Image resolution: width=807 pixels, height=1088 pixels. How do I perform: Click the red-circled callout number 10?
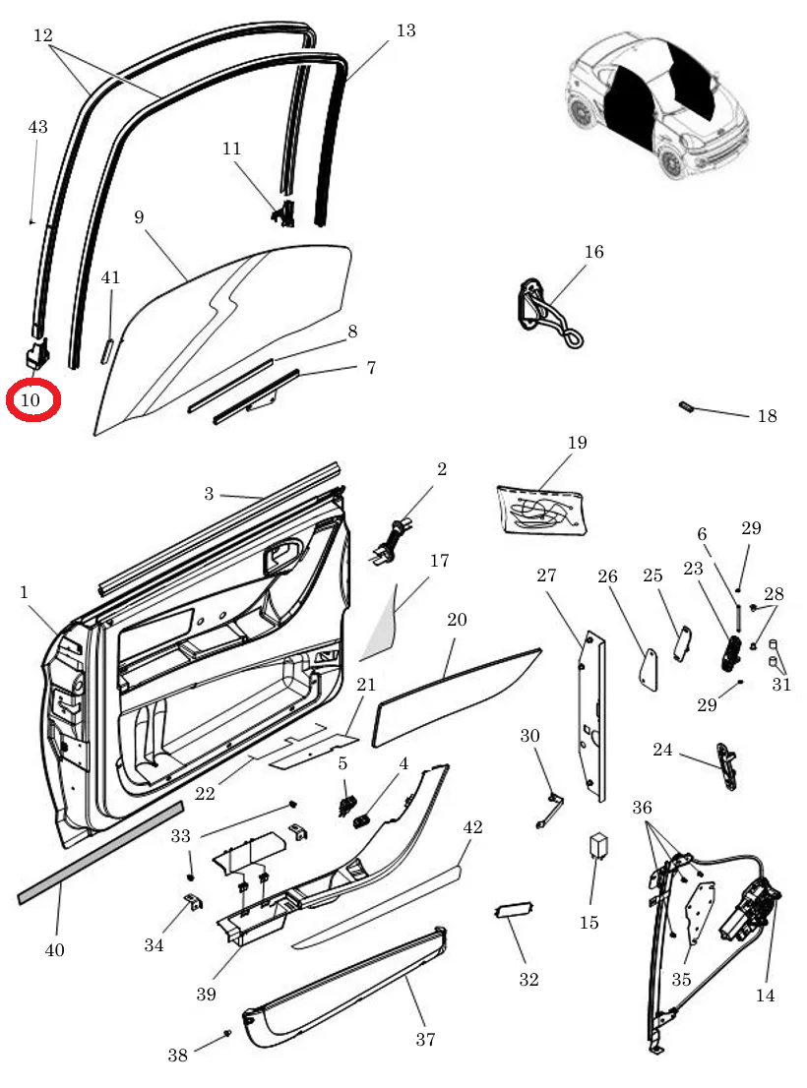[31, 400]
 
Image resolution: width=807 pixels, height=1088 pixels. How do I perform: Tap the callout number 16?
[593, 252]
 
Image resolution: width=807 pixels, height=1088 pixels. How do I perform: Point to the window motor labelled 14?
[753, 910]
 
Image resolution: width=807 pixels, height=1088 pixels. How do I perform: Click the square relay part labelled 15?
[596, 846]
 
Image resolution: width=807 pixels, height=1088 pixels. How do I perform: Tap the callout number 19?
[577, 443]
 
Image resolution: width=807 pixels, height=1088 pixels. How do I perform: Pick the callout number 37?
[425, 1038]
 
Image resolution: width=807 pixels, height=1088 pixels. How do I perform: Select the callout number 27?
[547, 576]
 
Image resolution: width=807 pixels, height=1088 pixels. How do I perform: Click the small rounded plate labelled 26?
[650, 671]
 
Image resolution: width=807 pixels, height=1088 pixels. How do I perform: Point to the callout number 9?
[139, 216]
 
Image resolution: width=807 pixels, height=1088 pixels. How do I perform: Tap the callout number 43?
[37, 127]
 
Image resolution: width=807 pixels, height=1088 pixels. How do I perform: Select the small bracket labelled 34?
[193, 901]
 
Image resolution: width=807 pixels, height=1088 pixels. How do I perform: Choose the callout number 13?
[405, 30]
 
